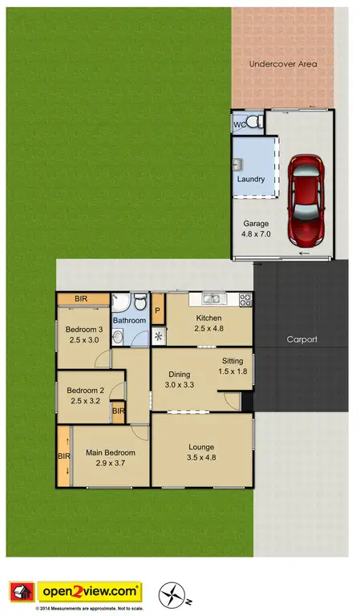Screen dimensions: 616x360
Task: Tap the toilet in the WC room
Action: (254, 122)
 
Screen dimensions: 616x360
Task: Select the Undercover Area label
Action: (282, 63)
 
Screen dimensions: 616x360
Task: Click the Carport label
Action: (301, 339)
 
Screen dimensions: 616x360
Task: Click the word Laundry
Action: (250, 179)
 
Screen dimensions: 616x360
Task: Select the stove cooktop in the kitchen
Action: (245, 300)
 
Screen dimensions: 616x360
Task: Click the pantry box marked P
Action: (158, 310)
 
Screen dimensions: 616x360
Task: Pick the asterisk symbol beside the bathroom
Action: (158, 336)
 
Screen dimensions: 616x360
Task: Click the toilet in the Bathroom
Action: (140, 303)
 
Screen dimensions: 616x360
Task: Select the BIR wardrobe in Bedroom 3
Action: (82, 299)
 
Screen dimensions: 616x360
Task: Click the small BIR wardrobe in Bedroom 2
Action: (118, 411)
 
